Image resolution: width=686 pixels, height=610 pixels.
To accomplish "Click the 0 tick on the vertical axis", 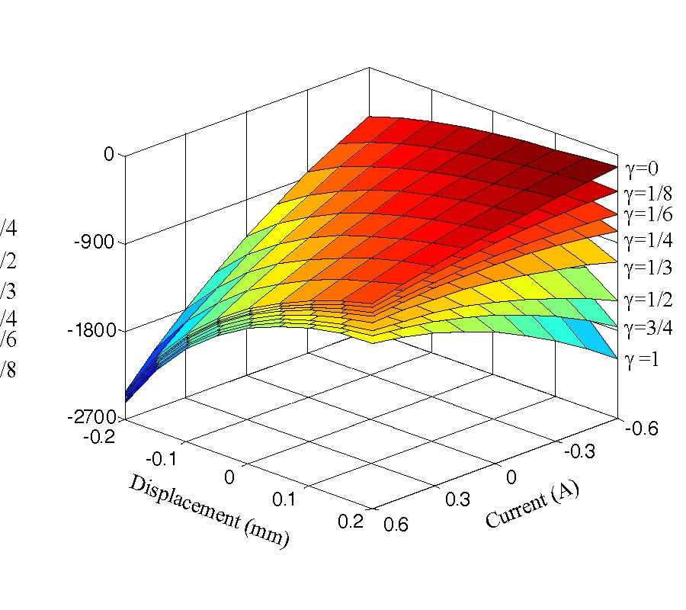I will (x=108, y=155).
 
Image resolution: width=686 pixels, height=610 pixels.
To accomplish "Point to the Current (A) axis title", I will (x=531, y=505).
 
